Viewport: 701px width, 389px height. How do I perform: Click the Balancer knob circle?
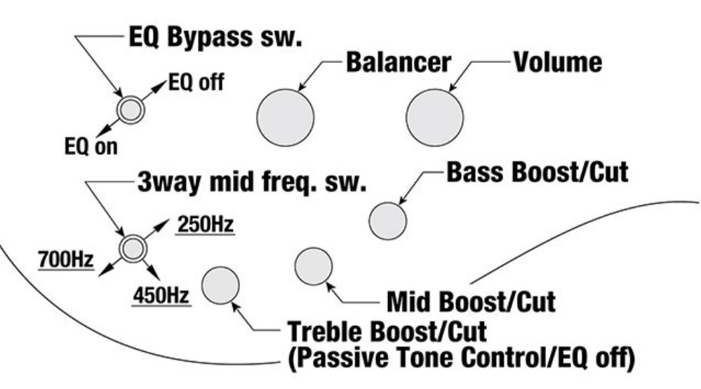[285, 118]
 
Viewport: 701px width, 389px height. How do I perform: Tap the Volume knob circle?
[434, 118]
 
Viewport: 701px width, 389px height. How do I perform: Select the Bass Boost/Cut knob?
[387, 221]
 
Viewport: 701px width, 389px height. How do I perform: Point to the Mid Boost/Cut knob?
[314, 266]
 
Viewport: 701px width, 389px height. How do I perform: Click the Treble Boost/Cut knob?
[220, 285]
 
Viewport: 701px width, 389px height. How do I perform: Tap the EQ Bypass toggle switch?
[131, 110]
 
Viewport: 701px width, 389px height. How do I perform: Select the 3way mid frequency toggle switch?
[133, 248]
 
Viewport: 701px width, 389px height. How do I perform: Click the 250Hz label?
[206, 224]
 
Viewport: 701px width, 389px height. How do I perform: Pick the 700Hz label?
[66, 259]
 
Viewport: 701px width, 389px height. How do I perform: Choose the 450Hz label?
[161, 295]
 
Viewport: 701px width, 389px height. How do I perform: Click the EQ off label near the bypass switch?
[196, 82]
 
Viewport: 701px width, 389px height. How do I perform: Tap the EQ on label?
[91, 146]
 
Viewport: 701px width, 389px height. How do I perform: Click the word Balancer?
[399, 62]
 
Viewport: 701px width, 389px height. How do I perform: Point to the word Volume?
[557, 62]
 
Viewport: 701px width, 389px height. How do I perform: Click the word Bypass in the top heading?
[209, 37]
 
